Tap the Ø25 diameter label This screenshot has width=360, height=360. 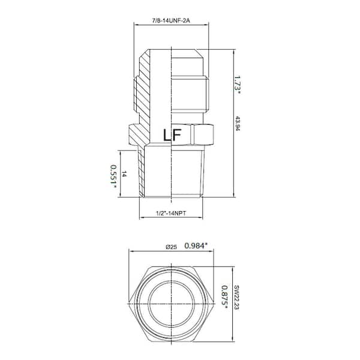tap(173, 245)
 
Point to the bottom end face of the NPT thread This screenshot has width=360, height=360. tap(172, 197)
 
